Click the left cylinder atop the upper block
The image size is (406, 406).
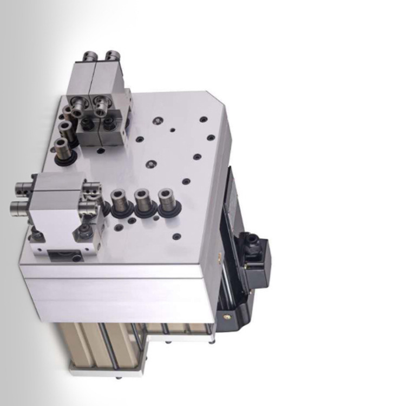(90, 56)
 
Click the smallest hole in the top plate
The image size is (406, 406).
(172, 130)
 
